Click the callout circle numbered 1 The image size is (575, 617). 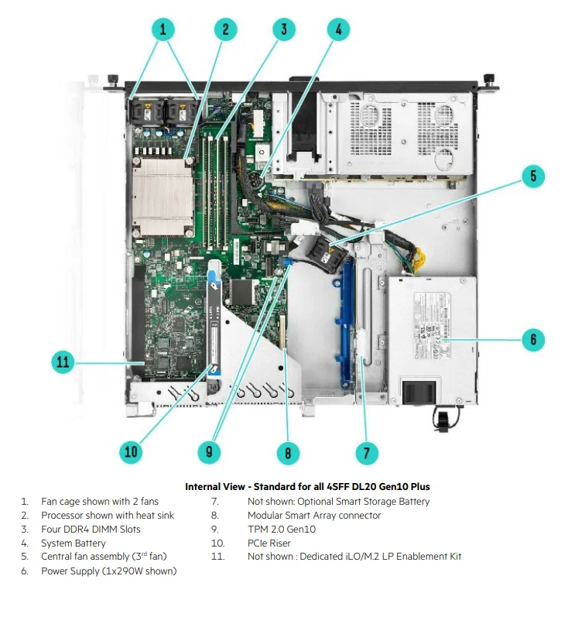[x=163, y=30]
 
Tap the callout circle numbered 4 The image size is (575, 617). [x=338, y=30]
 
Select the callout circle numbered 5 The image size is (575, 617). [x=532, y=176]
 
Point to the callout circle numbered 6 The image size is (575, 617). [x=532, y=339]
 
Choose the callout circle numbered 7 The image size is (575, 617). [x=366, y=452]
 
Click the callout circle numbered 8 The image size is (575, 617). [x=288, y=452]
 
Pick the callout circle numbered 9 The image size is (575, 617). [x=208, y=452]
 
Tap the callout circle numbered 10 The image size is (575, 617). [x=132, y=452]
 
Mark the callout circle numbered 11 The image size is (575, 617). [x=64, y=362]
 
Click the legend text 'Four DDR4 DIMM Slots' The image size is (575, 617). [x=91, y=529]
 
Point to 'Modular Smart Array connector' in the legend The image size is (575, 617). [x=314, y=515]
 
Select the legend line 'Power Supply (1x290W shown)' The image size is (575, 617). [x=108, y=571]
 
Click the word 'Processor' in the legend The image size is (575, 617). [x=63, y=515]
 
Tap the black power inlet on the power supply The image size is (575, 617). [x=418, y=388]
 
